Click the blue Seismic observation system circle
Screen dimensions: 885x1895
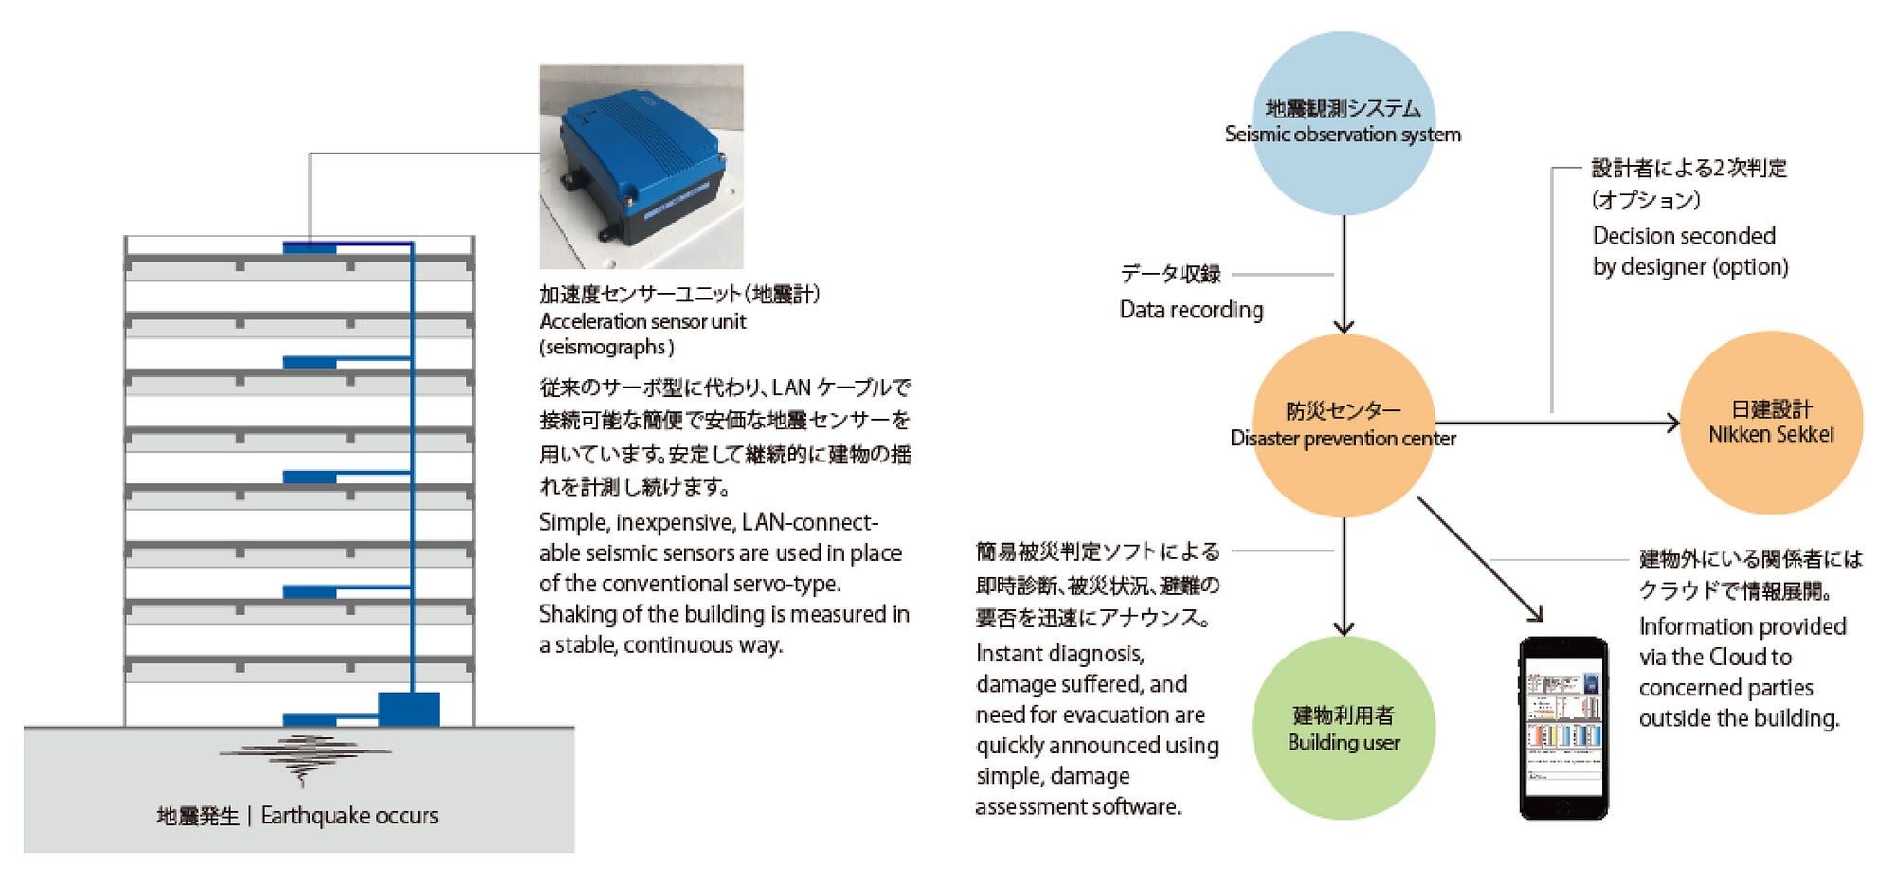click(1343, 123)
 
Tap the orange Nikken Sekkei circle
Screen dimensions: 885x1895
click(1770, 423)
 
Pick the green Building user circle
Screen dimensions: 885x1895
click(1343, 728)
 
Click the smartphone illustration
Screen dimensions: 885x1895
click(1563, 728)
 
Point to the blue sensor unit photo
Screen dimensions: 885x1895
click(641, 167)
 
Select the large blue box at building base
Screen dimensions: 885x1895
click(408, 709)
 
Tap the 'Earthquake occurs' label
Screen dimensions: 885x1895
click(349, 816)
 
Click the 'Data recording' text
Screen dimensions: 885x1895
click(1191, 310)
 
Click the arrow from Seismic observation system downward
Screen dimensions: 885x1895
click(1344, 275)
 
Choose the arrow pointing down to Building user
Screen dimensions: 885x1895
click(1344, 578)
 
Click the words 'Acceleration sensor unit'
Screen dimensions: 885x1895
click(642, 321)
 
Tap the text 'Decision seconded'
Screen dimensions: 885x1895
click(1683, 236)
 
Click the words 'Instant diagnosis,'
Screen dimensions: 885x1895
click(1059, 654)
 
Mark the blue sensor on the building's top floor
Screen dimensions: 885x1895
click(310, 248)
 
